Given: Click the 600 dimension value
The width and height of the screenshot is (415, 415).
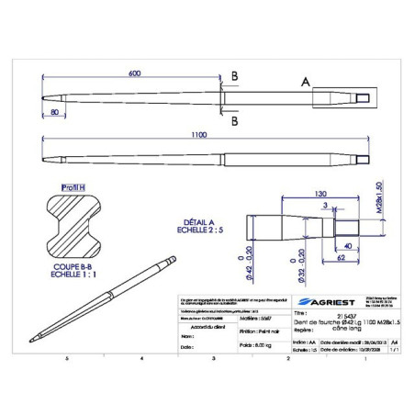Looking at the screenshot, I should coord(135,73).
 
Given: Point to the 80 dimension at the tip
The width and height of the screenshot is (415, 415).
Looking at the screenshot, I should coord(57,113).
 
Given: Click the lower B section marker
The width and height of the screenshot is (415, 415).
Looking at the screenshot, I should coord(235,120).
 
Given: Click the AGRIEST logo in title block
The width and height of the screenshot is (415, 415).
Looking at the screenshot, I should coord(317,301).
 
